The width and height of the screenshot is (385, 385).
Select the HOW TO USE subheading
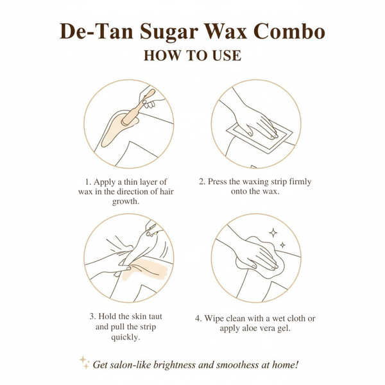click(193, 56)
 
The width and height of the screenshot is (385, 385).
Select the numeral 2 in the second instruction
click(201, 182)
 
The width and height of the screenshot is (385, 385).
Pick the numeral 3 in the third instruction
click(92, 316)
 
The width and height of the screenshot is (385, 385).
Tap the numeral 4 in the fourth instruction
click(198, 318)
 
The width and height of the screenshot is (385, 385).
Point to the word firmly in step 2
click(298, 182)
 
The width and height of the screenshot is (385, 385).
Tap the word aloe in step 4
click(250, 329)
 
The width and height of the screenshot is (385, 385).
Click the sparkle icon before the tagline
click(85, 363)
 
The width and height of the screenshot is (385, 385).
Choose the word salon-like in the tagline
click(135, 365)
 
